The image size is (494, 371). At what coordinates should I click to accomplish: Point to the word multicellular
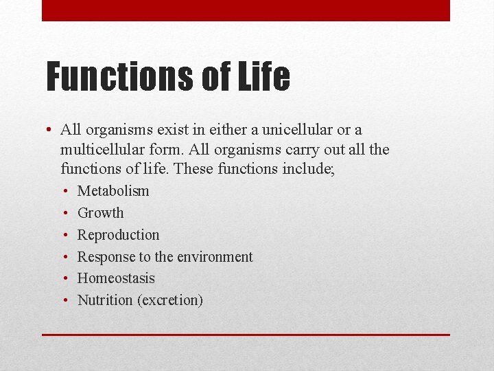pyautogui.click(x=102, y=149)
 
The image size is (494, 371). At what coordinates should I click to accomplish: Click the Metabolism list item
pyautogui.click(x=113, y=191)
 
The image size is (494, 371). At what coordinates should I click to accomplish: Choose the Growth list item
pyautogui.click(x=101, y=213)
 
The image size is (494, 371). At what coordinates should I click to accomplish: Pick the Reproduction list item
pyautogui.click(x=118, y=235)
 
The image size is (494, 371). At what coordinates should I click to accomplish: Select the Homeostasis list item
pyautogui.click(x=116, y=278)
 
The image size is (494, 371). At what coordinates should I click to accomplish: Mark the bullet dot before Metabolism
pyautogui.click(x=64, y=191)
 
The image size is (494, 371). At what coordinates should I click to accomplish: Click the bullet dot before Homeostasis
pyautogui.click(x=64, y=278)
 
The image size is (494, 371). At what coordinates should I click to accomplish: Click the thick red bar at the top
pyautogui.click(x=246, y=10)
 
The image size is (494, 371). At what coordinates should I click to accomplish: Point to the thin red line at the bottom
pyautogui.click(x=246, y=335)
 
